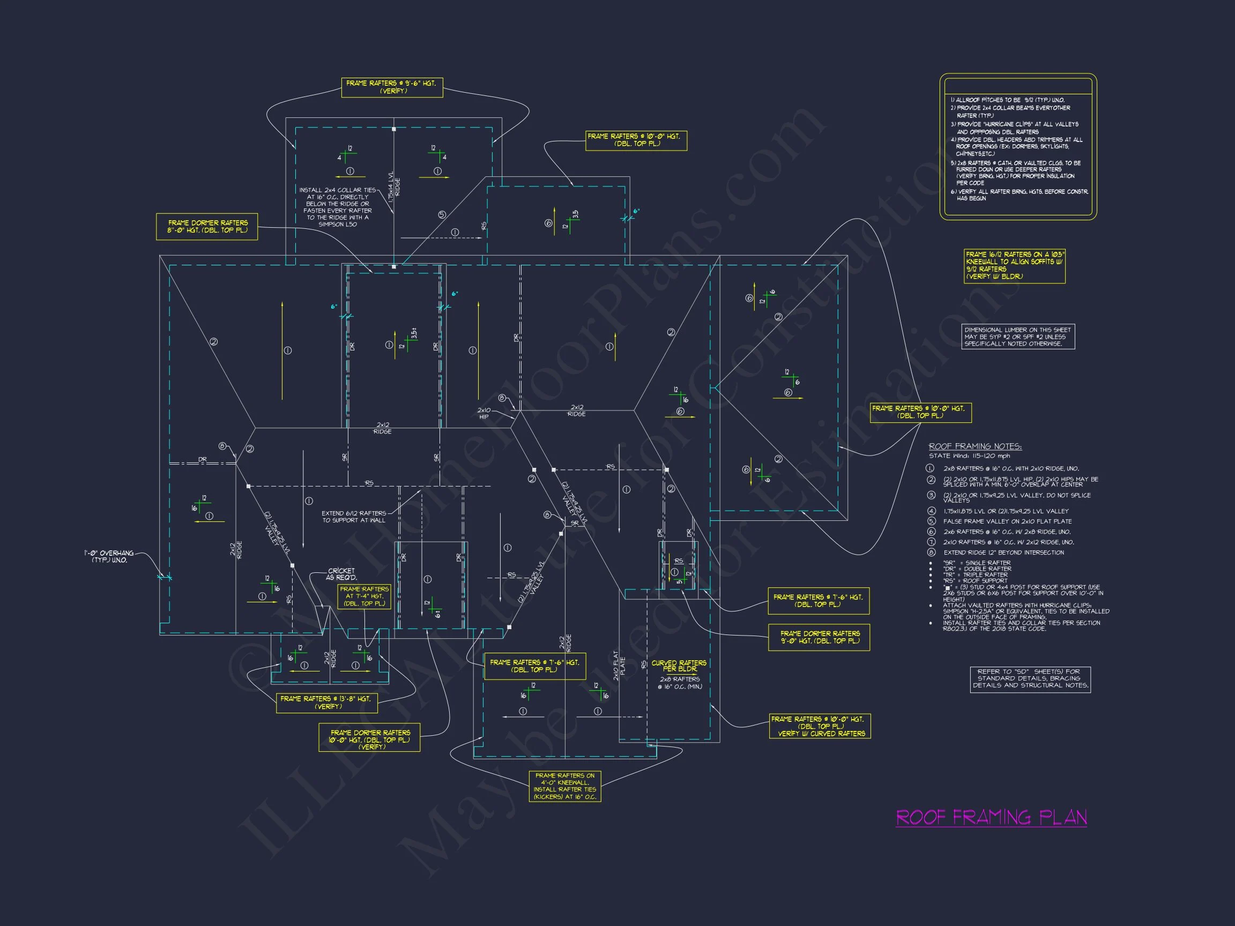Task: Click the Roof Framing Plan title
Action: [991, 818]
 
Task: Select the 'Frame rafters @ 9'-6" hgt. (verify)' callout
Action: [392, 87]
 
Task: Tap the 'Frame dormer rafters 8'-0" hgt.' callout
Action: [206, 227]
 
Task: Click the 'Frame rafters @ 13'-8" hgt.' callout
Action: [326, 702]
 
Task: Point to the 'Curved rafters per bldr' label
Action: [679, 666]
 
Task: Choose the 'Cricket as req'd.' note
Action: [341, 574]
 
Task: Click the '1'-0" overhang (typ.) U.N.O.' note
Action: [109, 556]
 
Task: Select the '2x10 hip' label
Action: [483, 413]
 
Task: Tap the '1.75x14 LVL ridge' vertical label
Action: [393, 190]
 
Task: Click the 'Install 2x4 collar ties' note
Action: [337, 207]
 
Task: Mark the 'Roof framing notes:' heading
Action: [975, 446]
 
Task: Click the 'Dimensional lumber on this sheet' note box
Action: [1018, 337]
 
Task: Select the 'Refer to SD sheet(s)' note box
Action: [1030, 679]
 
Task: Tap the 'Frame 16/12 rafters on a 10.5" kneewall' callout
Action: [1014, 266]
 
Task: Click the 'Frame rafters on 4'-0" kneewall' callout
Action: [564, 786]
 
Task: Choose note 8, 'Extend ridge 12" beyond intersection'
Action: [1003, 552]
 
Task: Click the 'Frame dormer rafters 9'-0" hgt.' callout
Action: [819, 637]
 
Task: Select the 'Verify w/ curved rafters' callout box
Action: [820, 726]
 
